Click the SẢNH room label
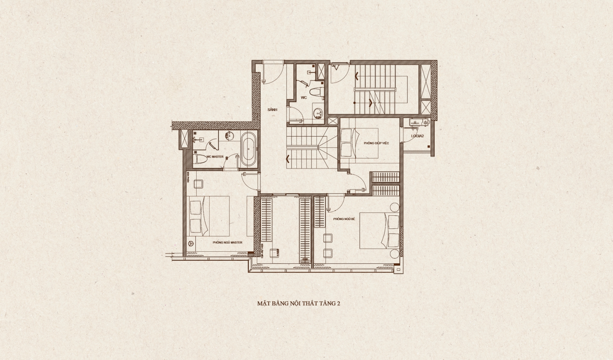coord(272,110)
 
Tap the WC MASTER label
coord(215,157)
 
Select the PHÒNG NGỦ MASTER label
coord(228,243)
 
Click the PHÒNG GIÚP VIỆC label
coord(376,143)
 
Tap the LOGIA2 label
coord(417,136)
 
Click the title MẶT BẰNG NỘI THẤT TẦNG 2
coord(299,304)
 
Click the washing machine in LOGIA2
coord(425,122)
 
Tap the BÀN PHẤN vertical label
coord(188,177)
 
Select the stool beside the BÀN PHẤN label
coord(199,184)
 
